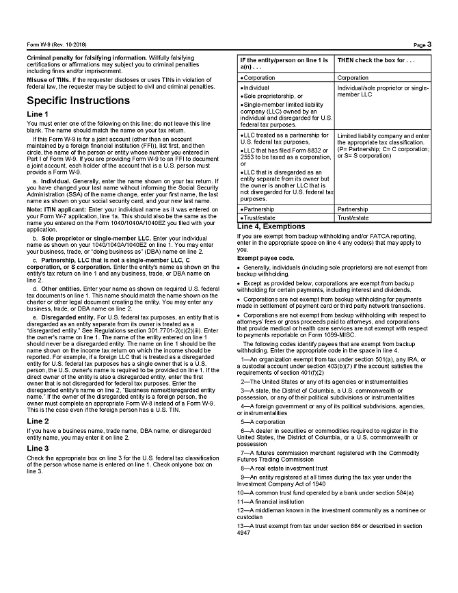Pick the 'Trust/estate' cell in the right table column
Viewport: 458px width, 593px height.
click(353, 218)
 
